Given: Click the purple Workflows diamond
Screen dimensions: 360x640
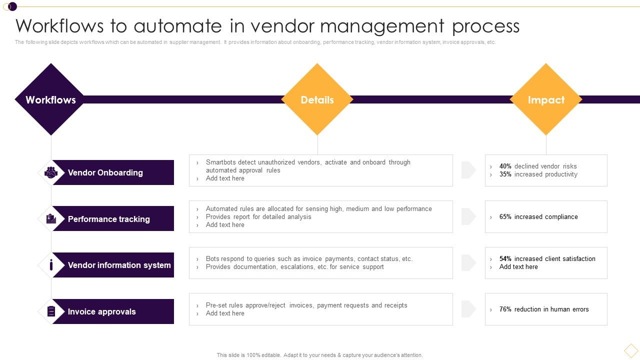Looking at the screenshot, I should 50,99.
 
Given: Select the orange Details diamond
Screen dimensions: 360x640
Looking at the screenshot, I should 317,99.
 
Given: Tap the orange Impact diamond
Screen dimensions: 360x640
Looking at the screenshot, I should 546,99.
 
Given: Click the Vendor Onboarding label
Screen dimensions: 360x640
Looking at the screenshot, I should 105,172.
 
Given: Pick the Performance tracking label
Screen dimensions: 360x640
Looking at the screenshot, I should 108,219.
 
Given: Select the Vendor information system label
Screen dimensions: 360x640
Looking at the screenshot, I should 119,265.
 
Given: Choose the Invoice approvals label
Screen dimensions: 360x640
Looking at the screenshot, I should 101,311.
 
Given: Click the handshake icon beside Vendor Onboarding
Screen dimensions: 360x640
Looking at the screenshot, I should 51,172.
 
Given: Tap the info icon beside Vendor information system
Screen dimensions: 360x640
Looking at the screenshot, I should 51,265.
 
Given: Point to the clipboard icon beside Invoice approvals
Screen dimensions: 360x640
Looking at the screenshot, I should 51,311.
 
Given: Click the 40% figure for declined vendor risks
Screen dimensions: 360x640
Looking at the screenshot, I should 505,166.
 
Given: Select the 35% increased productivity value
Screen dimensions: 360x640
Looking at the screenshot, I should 505,174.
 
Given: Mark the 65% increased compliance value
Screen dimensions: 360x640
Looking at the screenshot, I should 505,217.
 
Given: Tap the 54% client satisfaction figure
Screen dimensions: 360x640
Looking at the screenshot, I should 505,259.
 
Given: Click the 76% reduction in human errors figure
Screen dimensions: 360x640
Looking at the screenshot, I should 505,309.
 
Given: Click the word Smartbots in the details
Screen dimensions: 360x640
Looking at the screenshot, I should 221,162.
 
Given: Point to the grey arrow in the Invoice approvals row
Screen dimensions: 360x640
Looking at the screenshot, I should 468,309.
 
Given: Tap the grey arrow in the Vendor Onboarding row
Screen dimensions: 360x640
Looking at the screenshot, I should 468,170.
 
